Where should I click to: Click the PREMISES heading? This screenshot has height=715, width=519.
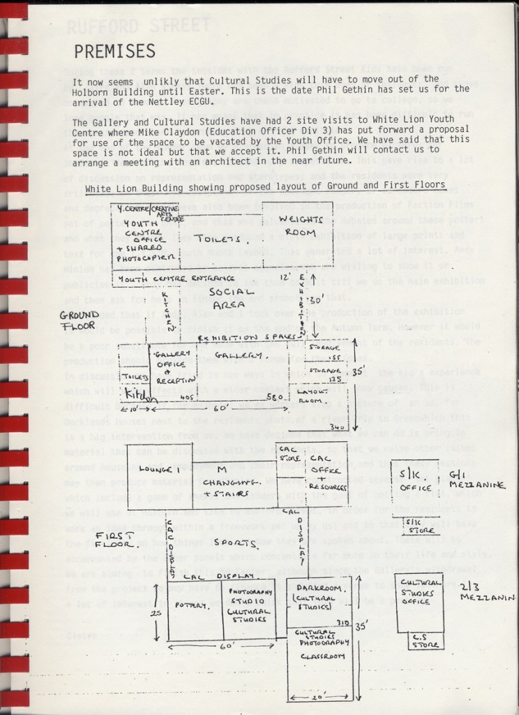click(x=114, y=51)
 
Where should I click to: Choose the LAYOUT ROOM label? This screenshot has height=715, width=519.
click(x=315, y=396)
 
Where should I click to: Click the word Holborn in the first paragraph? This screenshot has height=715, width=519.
click(x=97, y=89)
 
